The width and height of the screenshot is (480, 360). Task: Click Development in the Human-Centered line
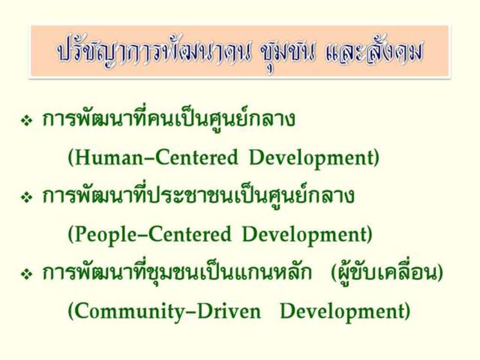pyautogui.click(x=311, y=158)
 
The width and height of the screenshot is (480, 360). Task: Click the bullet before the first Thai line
pyautogui.click(x=27, y=121)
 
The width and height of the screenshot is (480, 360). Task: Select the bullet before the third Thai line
pyautogui.click(x=27, y=274)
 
